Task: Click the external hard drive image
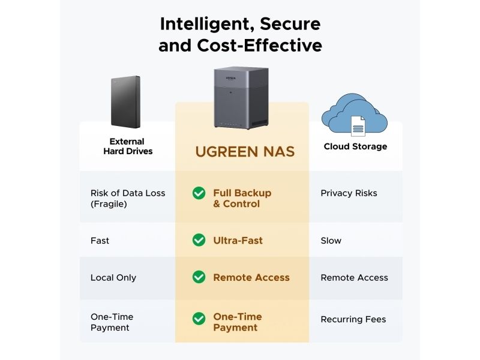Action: point(125,102)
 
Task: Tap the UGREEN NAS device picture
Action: point(241,97)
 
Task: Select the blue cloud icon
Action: point(354,115)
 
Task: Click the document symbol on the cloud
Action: point(358,126)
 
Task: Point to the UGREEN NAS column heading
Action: point(245,152)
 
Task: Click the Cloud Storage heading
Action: point(355,146)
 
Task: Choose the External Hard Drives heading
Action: point(128,146)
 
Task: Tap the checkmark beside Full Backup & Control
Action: point(199,193)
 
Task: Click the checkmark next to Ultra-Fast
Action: point(199,240)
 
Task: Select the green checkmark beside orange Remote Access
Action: point(199,277)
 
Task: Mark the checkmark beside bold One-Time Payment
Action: point(199,319)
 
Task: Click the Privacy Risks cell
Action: point(349,193)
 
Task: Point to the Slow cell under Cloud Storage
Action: point(331,241)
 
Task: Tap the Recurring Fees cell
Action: point(353,319)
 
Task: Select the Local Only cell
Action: point(113,278)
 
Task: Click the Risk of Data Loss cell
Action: point(128,199)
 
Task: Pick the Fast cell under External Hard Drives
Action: point(100,241)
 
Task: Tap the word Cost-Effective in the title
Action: point(260,46)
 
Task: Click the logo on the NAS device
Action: point(231,79)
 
